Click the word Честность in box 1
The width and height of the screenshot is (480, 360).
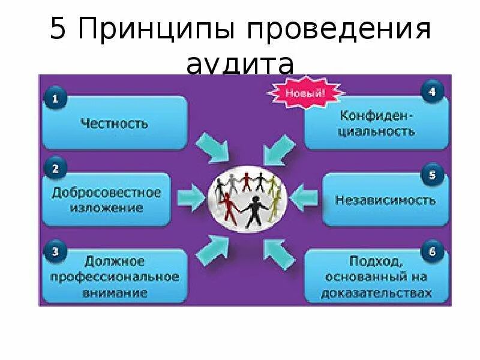click(x=115, y=124)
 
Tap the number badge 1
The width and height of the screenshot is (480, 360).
click(x=55, y=100)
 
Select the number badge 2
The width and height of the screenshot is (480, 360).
click(x=55, y=169)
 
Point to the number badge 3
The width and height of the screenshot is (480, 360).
click(x=55, y=250)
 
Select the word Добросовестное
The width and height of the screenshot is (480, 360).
click(x=106, y=193)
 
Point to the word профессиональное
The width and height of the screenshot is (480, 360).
click(x=115, y=277)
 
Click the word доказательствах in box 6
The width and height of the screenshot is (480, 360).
click(x=376, y=293)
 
